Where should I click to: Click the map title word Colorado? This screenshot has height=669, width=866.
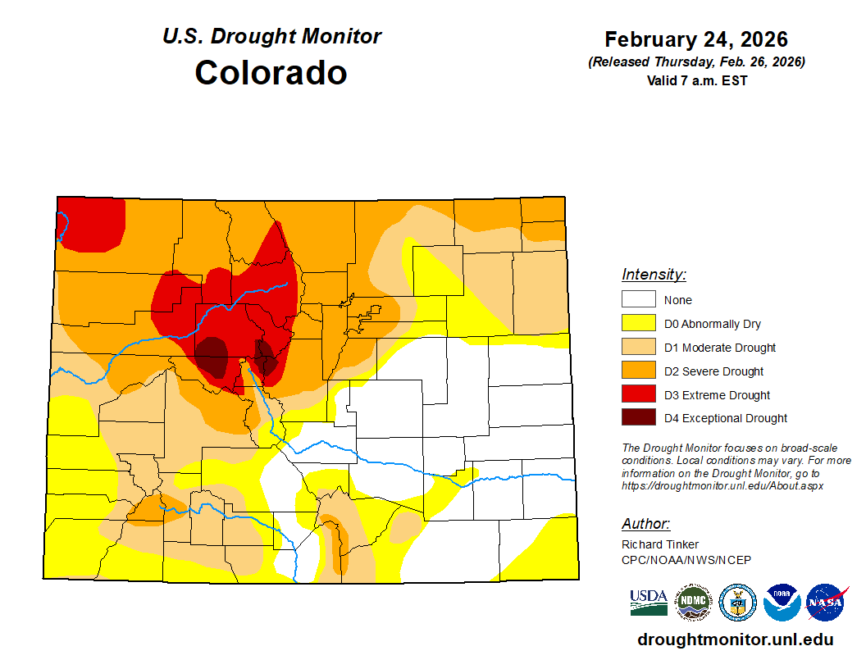(x=271, y=73)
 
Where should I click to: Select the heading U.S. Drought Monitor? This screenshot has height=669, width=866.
(x=271, y=37)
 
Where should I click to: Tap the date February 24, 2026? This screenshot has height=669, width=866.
(x=695, y=39)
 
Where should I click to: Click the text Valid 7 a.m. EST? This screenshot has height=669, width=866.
(x=696, y=80)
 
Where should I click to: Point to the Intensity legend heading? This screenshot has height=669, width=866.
(x=654, y=275)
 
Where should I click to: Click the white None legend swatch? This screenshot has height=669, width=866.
(x=638, y=300)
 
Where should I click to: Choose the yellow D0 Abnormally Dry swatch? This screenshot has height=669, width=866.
(x=638, y=324)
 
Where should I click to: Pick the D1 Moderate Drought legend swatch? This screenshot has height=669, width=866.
(x=638, y=348)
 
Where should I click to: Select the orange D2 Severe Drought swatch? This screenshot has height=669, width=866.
(x=638, y=371)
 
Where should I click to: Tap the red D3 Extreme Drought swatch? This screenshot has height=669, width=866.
(x=638, y=395)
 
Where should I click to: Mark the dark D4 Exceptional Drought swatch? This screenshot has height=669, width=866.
(x=638, y=418)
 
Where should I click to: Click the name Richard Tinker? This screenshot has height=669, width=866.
(x=660, y=545)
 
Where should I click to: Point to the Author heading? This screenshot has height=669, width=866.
(x=645, y=524)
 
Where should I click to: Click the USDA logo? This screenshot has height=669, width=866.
(x=648, y=603)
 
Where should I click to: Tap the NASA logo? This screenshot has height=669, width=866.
(x=826, y=603)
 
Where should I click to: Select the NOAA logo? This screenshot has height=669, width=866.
(x=782, y=603)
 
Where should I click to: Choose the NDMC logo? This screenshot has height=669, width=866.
(x=693, y=603)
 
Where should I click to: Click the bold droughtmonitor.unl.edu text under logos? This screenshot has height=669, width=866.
(x=735, y=639)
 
